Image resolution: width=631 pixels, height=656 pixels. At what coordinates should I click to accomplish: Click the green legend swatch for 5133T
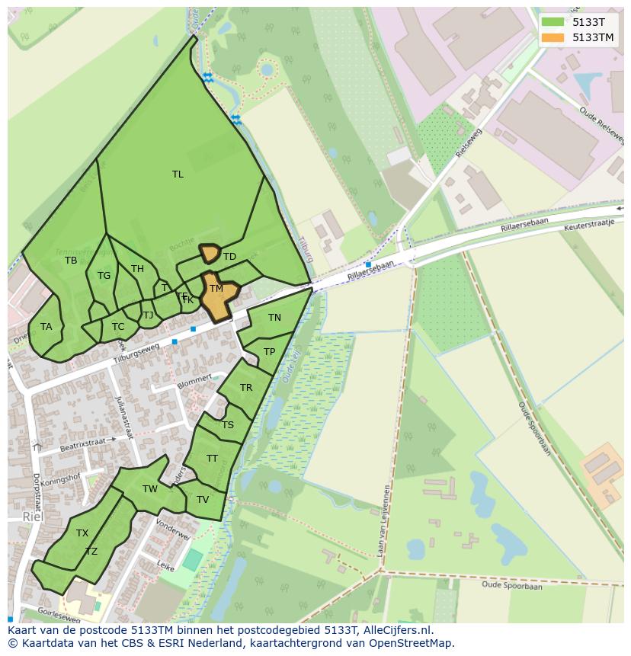[553, 22]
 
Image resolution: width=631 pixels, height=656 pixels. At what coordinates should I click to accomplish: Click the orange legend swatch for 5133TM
[553, 37]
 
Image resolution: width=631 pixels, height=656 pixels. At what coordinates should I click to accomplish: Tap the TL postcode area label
[178, 174]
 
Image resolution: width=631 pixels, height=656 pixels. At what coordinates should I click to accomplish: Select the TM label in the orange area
[216, 289]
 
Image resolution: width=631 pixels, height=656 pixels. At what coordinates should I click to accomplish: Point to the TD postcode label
[229, 257]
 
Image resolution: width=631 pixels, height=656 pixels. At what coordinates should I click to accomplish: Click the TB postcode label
[71, 261]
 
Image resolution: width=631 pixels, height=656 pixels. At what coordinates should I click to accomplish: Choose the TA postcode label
[46, 327]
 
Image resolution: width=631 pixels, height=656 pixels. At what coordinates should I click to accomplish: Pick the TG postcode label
[104, 276]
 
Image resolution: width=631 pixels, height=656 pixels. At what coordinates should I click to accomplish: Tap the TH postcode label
[137, 269]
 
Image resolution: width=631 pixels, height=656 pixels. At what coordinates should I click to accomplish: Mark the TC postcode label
[118, 327]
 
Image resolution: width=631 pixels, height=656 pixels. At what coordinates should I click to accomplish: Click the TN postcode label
[274, 318]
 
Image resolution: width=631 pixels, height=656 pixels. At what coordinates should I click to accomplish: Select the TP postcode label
[269, 352]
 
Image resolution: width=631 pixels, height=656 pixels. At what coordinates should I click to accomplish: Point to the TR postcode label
[246, 388]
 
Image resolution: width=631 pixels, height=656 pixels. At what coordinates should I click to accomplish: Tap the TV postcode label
[203, 500]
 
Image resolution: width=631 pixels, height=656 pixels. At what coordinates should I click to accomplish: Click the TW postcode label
[150, 489]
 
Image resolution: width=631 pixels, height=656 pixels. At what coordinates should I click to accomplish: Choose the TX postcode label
[82, 533]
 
